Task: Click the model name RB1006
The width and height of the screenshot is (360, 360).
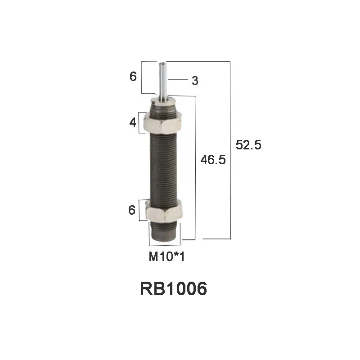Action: (174, 288)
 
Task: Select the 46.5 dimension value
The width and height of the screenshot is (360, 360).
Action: (213, 159)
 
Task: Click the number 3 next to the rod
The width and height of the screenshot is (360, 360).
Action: (195, 81)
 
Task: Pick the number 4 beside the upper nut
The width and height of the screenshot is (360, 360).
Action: (133, 122)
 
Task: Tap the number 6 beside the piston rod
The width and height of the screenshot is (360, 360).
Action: (133, 76)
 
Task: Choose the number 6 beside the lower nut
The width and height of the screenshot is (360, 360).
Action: (132, 210)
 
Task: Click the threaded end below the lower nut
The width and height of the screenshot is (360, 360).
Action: (165, 230)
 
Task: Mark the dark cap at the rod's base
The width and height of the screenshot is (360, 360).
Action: (163, 104)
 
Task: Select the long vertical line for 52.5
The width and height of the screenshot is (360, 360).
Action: (230, 148)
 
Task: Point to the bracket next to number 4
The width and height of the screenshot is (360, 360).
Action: (140, 122)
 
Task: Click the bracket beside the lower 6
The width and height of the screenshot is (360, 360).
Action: (140, 210)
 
